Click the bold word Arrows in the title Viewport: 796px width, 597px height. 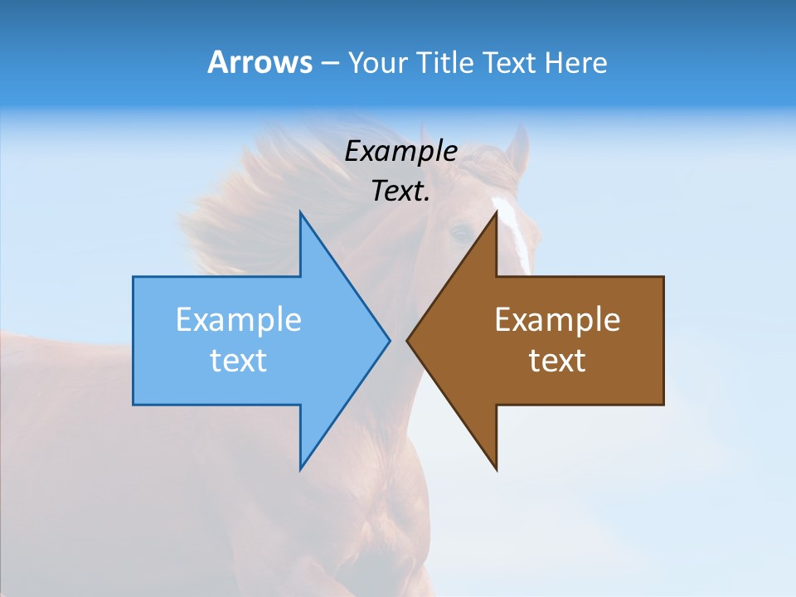point(260,62)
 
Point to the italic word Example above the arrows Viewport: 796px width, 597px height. point(400,152)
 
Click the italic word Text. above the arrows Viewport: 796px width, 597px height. point(400,192)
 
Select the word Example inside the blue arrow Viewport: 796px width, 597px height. point(238,320)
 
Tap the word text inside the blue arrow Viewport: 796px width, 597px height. point(238,361)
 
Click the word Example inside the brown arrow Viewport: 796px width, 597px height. point(557,320)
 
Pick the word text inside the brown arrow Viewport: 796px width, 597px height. point(557,361)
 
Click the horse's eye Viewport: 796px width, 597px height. point(461,233)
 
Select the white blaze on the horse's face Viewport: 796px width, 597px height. point(514,232)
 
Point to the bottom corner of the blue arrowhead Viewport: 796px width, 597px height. point(301,467)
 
